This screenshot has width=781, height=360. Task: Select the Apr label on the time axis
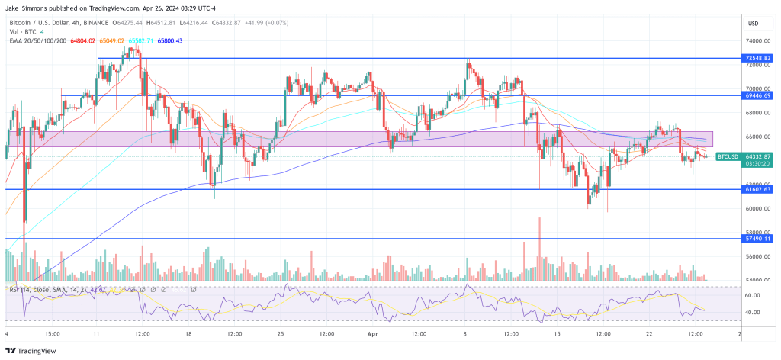click(x=374, y=334)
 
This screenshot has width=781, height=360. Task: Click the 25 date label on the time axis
click(x=281, y=334)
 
